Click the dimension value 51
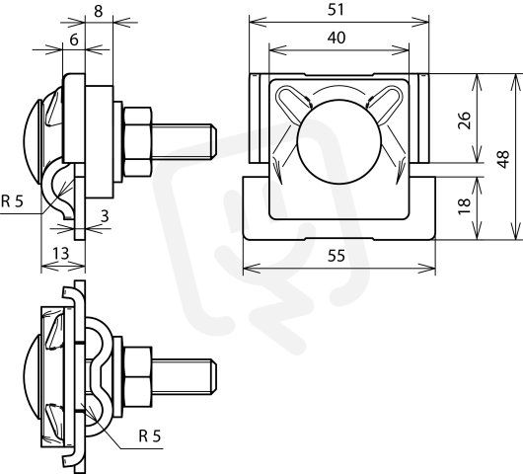click(336, 10)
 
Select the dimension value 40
click(336, 38)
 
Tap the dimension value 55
click(336, 256)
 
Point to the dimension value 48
click(503, 159)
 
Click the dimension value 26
click(464, 120)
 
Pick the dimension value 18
click(464, 206)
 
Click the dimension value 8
click(98, 11)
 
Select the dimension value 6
click(74, 39)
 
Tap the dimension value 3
click(105, 216)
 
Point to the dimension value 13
click(61, 254)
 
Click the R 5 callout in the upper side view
click(13, 201)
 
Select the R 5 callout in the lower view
click(150, 435)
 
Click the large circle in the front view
click(338, 142)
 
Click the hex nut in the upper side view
click(137, 142)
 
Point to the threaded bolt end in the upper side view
click(185, 142)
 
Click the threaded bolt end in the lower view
click(185, 377)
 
